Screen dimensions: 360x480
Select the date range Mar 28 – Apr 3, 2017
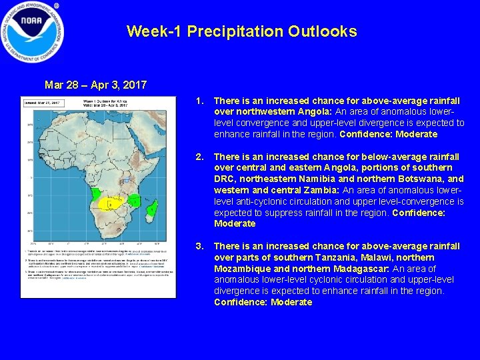click(x=95, y=85)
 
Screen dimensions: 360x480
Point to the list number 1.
click(x=198, y=101)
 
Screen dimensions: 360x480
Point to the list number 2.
click(x=198, y=157)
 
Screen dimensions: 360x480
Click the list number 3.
click(x=198, y=246)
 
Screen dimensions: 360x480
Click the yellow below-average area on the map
click(x=109, y=203)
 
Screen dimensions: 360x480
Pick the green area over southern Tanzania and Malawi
click(x=135, y=199)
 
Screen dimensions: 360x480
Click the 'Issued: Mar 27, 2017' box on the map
click(x=43, y=103)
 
